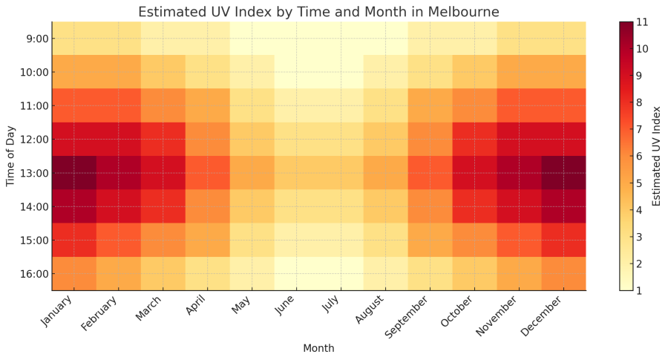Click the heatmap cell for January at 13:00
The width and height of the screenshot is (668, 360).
click(x=74, y=173)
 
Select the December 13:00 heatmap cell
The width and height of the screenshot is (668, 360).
click(x=563, y=173)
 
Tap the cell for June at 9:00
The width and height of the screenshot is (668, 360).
click(x=297, y=39)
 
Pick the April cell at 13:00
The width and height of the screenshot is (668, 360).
click(x=208, y=173)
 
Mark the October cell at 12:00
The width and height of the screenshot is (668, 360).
click(x=474, y=139)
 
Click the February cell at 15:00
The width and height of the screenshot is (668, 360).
click(x=119, y=240)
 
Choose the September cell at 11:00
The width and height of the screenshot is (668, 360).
click(x=430, y=105)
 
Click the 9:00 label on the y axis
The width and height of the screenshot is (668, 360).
click(x=36, y=39)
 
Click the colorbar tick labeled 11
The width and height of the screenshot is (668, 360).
click(x=643, y=22)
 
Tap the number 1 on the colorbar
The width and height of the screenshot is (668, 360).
click(x=640, y=290)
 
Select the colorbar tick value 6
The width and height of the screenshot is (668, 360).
click(x=640, y=156)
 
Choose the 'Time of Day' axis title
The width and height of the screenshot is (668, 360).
click(x=11, y=156)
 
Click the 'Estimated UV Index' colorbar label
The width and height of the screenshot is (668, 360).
click(x=657, y=156)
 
